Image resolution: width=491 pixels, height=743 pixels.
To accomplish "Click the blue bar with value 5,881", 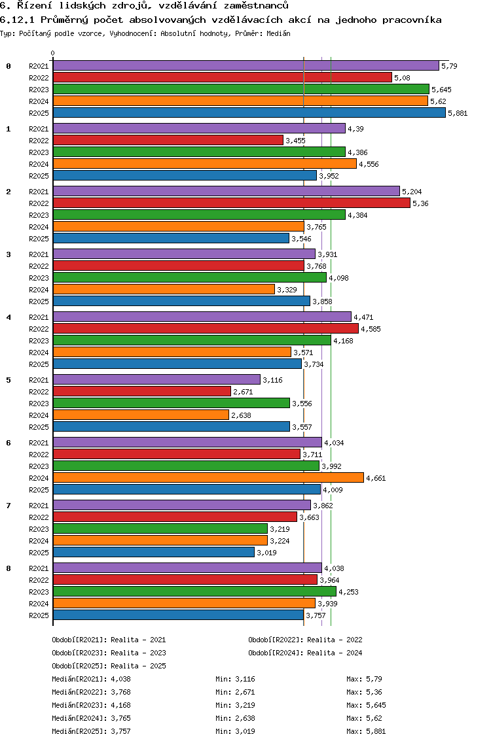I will click(x=249, y=112).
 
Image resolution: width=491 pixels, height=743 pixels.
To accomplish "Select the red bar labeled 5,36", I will click(x=231, y=203).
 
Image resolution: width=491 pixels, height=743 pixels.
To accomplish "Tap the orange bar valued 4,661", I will click(x=208, y=477).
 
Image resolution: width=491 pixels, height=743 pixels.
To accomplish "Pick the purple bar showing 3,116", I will click(x=156, y=379).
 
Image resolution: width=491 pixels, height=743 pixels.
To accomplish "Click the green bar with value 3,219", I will click(x=160, y=528).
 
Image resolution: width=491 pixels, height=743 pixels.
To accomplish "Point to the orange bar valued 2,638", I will click(x=141, y=415).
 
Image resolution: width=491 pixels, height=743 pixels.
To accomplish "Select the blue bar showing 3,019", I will click(x=153, y=552).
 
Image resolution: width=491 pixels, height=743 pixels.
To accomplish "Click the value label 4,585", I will click(x=371, y=329).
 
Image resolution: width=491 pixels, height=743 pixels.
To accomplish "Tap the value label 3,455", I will click(x=295, y=141).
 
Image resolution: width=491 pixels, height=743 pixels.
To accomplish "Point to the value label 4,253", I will click(x=349, y=592).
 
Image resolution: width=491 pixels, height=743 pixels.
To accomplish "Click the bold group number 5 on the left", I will click(x=9, y=379).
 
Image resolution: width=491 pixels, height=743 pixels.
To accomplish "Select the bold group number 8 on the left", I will click(x=9, y=568).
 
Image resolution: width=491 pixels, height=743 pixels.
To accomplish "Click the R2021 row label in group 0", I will click(x=39, y=66).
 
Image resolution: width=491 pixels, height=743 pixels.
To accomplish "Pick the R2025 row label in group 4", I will click(x=39, y=364).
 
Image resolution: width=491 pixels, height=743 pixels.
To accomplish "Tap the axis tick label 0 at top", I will click(x=53, y=53).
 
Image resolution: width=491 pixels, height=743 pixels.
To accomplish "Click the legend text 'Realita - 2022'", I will click(x=335, y=640).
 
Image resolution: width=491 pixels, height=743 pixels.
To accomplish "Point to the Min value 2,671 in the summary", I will click(x=244, y=692).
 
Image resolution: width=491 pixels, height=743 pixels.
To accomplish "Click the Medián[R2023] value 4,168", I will click(x=121, y=705).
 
